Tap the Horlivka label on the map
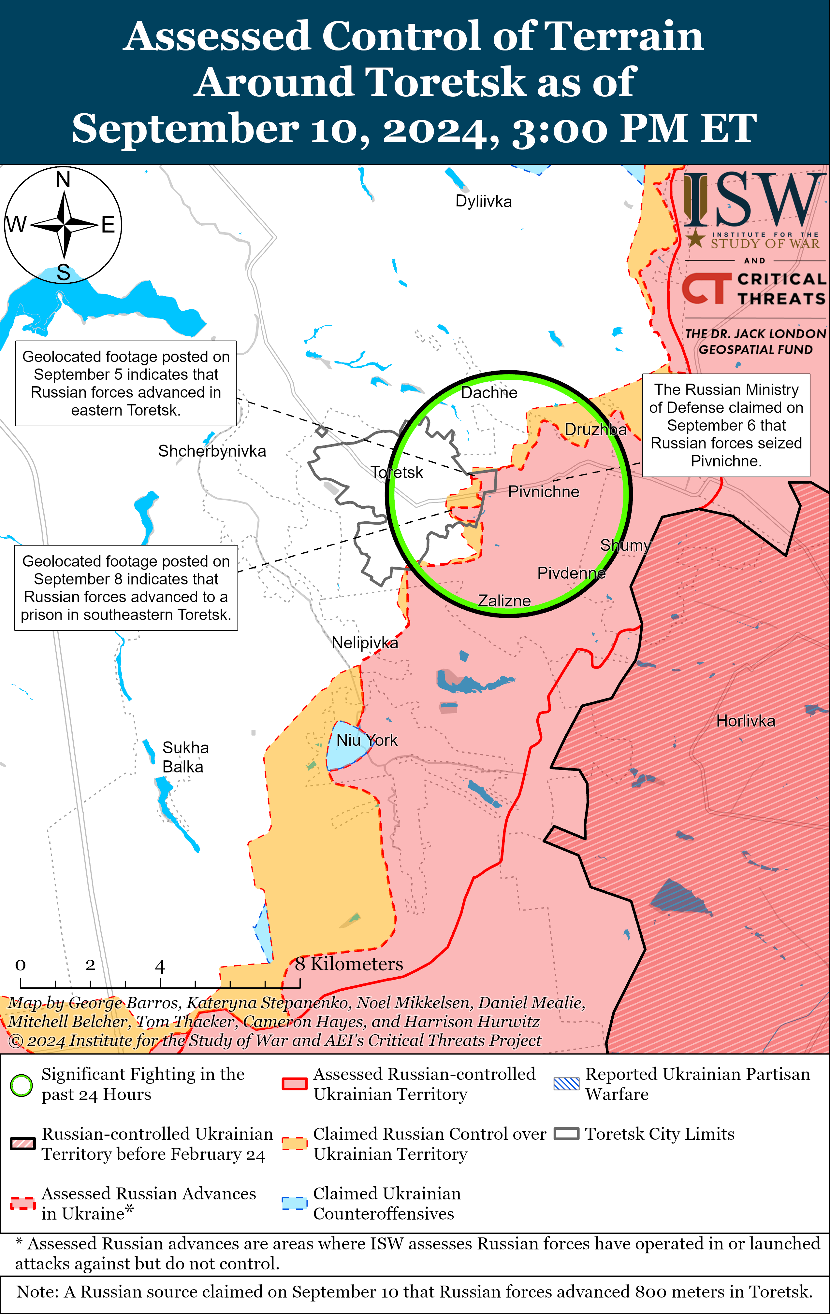click(745, 721)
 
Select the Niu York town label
click(366, 741)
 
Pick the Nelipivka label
click(365, 643)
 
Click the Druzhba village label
click(595, 430)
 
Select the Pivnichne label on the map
click(543, 492)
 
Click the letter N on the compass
click(63, 179)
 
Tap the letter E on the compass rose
click(108, 225)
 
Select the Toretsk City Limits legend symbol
click(566, 1134)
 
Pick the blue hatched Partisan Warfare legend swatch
click(566, 1084)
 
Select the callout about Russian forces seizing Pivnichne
click(726, 425)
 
